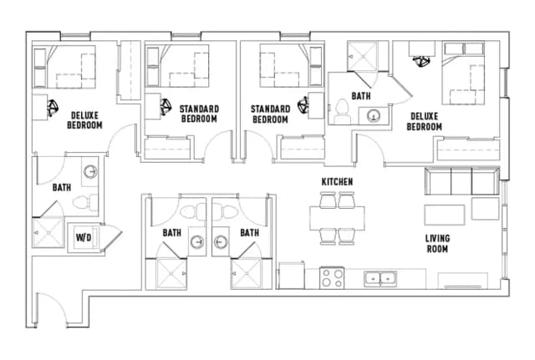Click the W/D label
[x=84, y=236]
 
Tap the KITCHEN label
[x=337, y=182]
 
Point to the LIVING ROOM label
[x=437, y=243]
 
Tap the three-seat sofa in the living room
[x=461, y=180]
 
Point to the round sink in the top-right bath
[x=374, y=115]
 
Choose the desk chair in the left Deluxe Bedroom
[x=52, y=107]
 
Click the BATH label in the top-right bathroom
[x=360, y=96]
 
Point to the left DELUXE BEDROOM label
[x=85, y=120]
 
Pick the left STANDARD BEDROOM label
[x=198, y=114]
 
